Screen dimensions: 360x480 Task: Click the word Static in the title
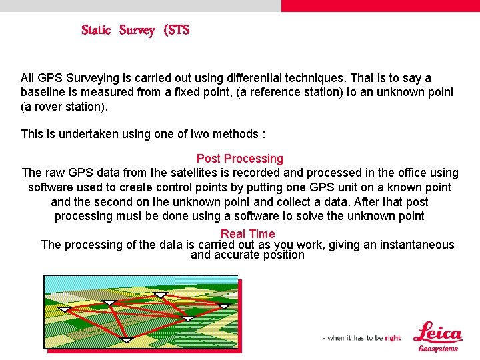click(95, 30)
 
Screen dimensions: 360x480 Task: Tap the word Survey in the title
click(137, 30)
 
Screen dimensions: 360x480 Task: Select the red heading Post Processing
click(239, 159)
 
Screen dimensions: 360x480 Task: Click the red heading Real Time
click(247, 233)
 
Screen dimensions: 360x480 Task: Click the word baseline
click(43, 92)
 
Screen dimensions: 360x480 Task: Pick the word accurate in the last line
click(235, 255)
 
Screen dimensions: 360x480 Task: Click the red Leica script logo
click(437, 333)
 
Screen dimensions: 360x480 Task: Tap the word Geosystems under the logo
click(438, 349)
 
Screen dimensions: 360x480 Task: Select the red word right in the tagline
click(393, 338)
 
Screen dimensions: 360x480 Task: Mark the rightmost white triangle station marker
click(224, 306)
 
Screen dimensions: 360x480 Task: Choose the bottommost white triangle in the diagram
click(126, 340)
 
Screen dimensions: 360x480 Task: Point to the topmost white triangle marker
click(159, 294)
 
